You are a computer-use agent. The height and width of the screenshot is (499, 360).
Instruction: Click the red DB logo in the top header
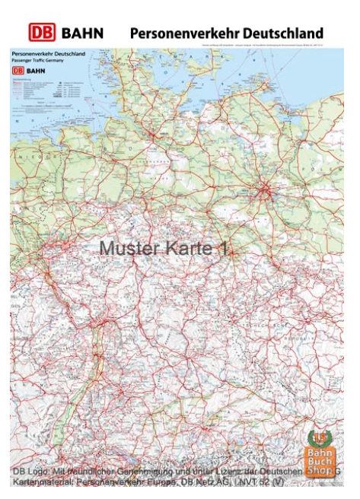click(x=43, y=33)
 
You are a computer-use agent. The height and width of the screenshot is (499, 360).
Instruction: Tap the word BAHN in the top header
click(x=81, y=33)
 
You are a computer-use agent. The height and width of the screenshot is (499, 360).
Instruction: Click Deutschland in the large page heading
click(x=282, y=33)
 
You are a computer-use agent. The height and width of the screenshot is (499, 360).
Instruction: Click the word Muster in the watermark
click(x=128, y=248)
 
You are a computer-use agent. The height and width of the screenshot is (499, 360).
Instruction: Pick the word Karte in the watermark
click(x=186, y=248)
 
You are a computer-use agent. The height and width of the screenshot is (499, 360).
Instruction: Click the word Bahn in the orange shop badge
click(x=320, y=451)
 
